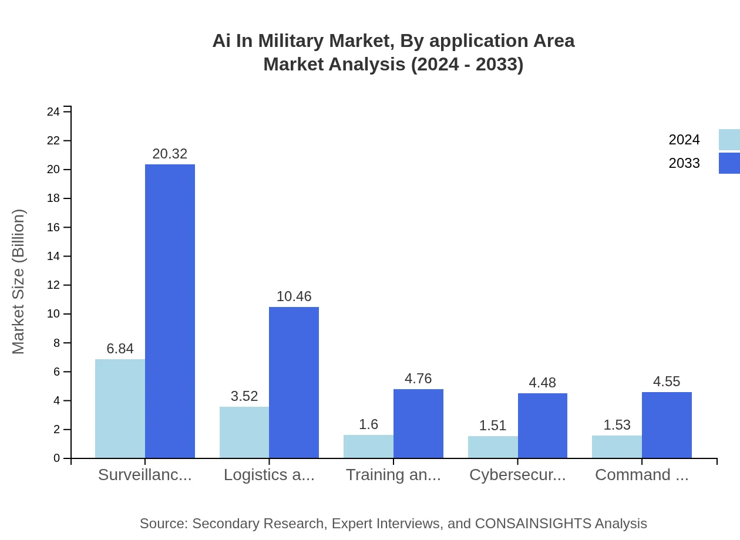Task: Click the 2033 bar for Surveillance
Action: pyautogui.click(x=170, y=311)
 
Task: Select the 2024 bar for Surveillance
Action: pyautogui.click(x=120, y=409)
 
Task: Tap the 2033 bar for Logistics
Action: pyautogui.click(x=294, y=382)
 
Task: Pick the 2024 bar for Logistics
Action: pyautogui.click(x=244, y=432)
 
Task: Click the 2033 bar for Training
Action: pyautogui.click(x=418, y=423)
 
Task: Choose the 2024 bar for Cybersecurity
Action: pyautogui.click(x=493, y=447)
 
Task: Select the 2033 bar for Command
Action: pyautogui.click(x=667, y=425)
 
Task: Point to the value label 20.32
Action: pyautogui.click(x=170, y=154)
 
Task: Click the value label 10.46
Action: pyautogui.click(x=294, y=296)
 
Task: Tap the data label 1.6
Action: pyautogui.click(x=368, y=424)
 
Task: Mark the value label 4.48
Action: pyautogui.click(x=542, y=383)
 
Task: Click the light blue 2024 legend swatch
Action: pyautogui.click(x=729, y=140)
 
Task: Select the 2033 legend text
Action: pyautogui.click(x=684, y=163)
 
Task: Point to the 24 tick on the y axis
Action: pyautogui.click(x=53, y=112)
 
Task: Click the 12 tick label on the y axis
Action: pyautogui.click(x=53, y=285)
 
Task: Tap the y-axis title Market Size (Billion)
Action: pyautogui.click(x=19, y=282)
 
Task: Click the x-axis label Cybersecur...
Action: pyautogui.click(x=517, y=475)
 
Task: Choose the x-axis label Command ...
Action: pyautogui.click(x=641, y=475)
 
